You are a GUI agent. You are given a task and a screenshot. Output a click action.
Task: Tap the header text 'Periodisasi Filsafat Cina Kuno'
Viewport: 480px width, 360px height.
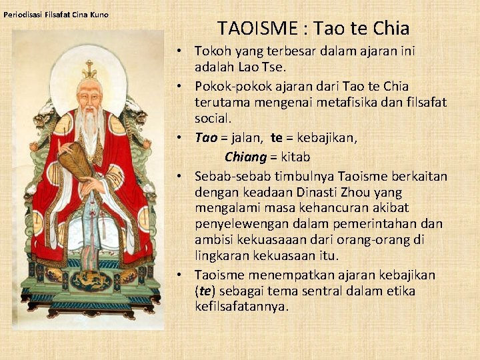pyautogui.click(x=56, y=15)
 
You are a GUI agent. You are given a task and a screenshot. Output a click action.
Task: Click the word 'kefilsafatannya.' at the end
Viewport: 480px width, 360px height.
pyautogui.click(x=242, y=307)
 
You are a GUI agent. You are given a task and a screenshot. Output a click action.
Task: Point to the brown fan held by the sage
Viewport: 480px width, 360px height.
pyautogui.click(x=73, y=160)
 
